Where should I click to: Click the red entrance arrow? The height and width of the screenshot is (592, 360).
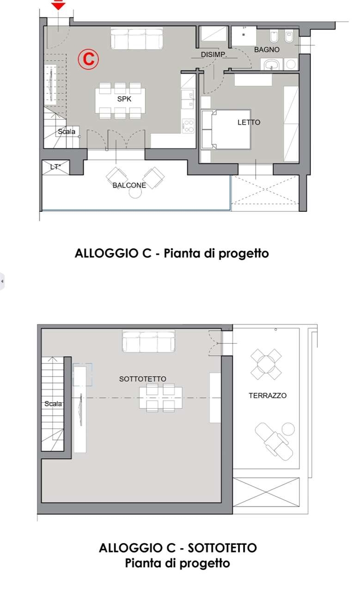[58, 5]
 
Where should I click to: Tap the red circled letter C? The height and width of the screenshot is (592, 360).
[88, 59]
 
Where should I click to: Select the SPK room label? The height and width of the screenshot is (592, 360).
[124, 99]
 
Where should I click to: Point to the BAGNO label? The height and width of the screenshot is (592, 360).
[267, 49]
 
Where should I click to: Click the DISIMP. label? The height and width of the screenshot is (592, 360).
[214, 55]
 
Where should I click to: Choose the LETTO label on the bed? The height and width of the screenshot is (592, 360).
[249, 123]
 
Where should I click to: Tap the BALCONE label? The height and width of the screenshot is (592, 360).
[129, 185]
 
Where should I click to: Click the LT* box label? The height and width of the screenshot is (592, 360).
[55, 167]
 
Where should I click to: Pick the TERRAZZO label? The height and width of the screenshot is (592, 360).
[268, 395]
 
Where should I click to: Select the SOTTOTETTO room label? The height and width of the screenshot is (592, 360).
[143, 379]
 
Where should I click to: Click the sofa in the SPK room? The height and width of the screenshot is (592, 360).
[137, 38]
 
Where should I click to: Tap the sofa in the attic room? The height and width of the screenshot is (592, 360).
[148, 341]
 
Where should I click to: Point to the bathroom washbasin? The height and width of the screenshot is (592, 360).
[272, 64]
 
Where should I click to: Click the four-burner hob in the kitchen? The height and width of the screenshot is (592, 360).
[189, 126]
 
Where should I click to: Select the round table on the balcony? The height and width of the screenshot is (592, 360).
[135, 192]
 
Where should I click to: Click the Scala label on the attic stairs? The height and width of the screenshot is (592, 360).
[53, 404]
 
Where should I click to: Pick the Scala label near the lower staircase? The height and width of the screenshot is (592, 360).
[67, 132]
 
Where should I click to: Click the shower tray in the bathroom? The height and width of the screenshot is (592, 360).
[244, 36]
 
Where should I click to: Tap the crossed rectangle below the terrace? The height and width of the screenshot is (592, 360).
[266, 493]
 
